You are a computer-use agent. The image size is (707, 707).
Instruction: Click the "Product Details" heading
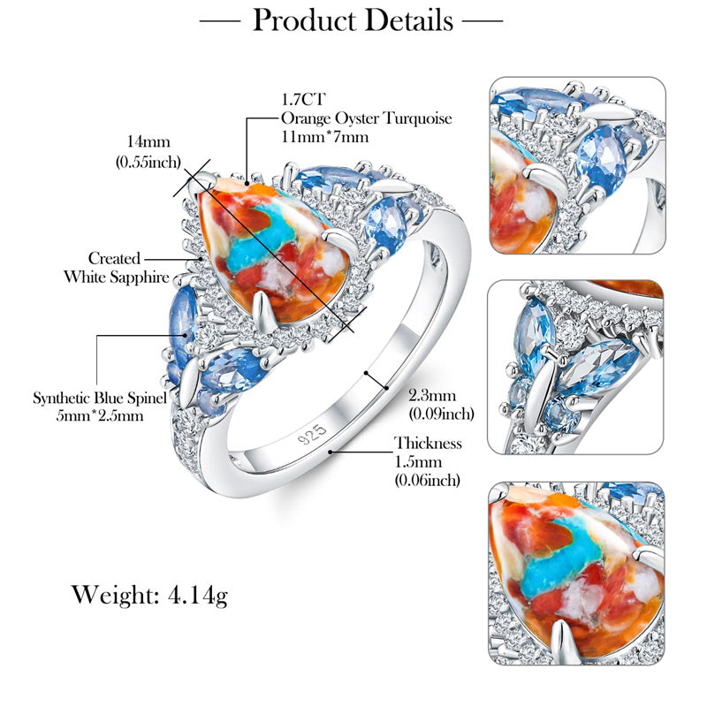353,19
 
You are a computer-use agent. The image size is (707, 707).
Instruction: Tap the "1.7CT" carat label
300,101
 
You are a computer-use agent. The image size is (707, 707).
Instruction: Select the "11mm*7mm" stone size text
324,136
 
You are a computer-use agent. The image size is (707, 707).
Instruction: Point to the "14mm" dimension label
148,141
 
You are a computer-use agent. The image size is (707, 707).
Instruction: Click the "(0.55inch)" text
148,162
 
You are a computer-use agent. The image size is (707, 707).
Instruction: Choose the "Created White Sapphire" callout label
116,268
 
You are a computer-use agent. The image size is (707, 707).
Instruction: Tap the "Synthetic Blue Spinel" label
100,398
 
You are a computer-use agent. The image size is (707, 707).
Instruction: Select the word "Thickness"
428,444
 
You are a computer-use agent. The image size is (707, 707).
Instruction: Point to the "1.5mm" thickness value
417,462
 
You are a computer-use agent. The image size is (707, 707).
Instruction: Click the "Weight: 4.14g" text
149,595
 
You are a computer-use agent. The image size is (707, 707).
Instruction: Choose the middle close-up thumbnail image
575,367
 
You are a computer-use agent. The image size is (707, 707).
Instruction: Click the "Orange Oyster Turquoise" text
366,118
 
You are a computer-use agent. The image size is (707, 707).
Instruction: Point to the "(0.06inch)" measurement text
428,480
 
